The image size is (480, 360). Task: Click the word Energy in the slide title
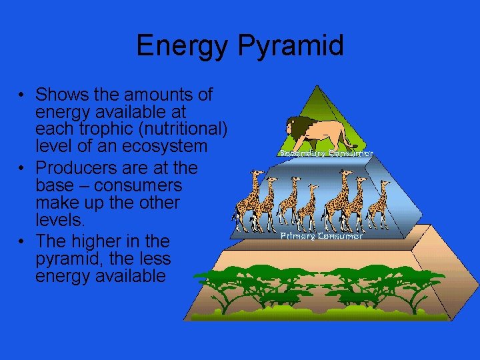click(x=179, y=46)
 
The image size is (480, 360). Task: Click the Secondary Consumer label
click(x=325, y=153)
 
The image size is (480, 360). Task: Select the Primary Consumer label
click(x=321, y=236)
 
